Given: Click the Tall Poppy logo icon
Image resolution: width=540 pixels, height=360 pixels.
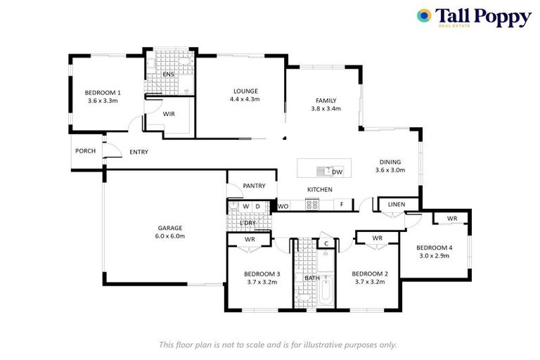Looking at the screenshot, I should click(424, 15).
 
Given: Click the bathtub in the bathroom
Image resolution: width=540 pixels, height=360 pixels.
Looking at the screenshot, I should click(326, 292).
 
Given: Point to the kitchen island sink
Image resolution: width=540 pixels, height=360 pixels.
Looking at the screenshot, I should click(324, 171).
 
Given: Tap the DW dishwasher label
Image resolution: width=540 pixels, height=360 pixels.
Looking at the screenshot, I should click(337, 172).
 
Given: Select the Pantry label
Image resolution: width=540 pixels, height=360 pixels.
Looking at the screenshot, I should click(253, 186).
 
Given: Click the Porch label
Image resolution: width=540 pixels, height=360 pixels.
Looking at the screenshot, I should click(85, 150).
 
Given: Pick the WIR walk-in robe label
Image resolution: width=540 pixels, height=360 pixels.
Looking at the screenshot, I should click(169, 113).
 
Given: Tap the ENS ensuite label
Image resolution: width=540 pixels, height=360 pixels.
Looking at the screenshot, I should click(168, 74).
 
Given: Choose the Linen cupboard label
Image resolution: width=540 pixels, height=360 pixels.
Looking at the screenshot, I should click(397, 205).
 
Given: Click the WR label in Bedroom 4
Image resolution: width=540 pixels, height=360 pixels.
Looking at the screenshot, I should click(451, 219).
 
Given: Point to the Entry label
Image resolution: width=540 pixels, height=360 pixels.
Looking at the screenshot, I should click(139, 152).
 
